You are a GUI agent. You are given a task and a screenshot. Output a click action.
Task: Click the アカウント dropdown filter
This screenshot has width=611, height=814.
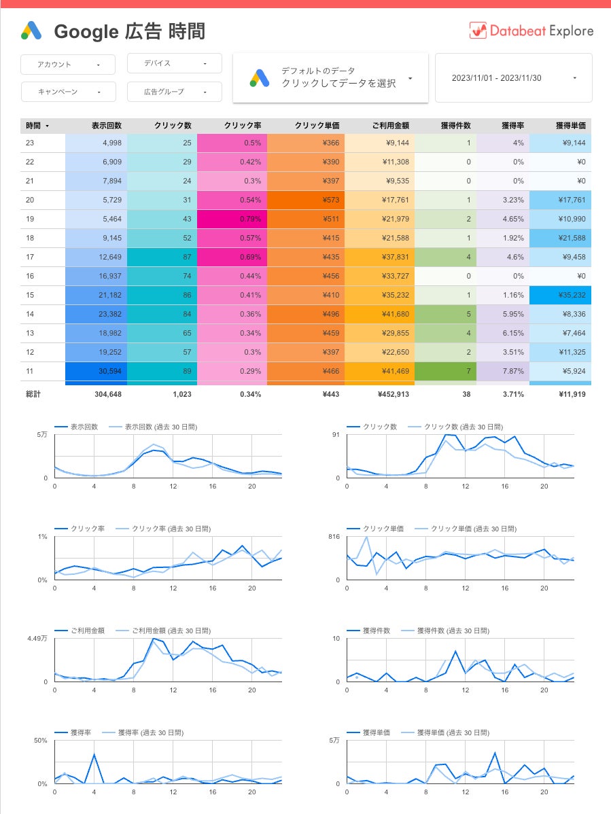[x=62, y=65]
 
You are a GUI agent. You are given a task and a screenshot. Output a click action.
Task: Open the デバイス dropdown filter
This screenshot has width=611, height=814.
[x=175, y=63]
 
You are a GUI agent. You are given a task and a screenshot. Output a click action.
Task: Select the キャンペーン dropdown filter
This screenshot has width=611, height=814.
[x=62, y=92]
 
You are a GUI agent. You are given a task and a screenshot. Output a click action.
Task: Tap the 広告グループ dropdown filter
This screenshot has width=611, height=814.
[x=175, y=92]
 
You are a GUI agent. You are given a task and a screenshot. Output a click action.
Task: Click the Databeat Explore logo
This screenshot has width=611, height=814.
[x=531, y=31]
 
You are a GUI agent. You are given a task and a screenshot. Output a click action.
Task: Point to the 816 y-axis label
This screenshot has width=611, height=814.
[x=333, y=536]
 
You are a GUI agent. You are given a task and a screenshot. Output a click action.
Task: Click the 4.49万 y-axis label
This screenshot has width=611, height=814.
[x=37, y=638]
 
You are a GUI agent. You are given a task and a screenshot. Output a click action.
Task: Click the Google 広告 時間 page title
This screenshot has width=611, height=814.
[x=129, y=31]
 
